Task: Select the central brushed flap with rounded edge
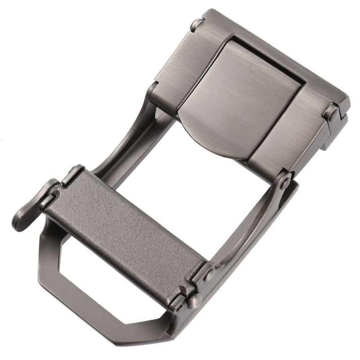click(238, 99)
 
